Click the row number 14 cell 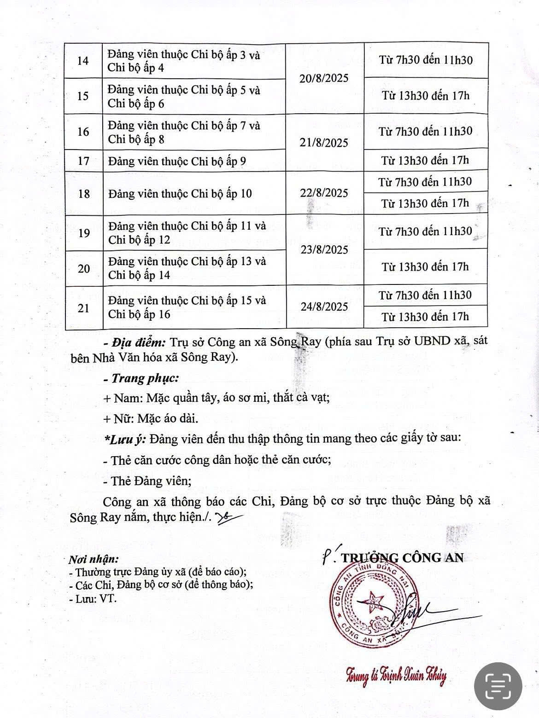tap(83, 61)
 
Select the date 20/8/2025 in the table tap(324, 78)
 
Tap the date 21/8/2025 tap(324, 143)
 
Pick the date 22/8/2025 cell tap(324, 193)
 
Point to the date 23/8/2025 tap(324, 250)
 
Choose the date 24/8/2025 tap(324, 307)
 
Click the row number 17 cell tap(83, 161)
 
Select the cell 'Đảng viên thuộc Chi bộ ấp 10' tap(180, 193)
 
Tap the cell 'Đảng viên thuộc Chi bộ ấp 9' tap(177, 161)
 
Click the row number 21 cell tap(83, 308)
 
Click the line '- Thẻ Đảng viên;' tap(145, 481)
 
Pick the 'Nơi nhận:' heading tap(94, 560)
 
